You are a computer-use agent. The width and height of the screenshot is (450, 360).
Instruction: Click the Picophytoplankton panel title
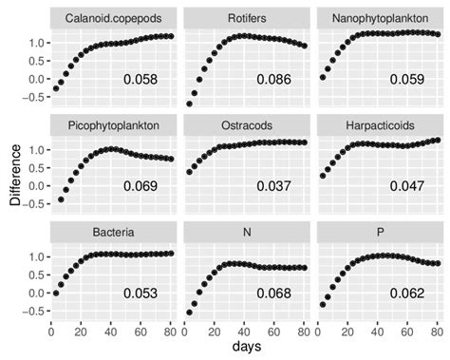[x=114, y=124]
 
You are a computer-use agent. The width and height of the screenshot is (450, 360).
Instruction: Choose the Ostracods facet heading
[x=247, y=124]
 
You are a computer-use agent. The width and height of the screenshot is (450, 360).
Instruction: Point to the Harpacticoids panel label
[x=380, y=124]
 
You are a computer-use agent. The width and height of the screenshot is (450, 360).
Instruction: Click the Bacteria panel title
[x=114, y=231]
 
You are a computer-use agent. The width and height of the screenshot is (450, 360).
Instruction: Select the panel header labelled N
[x=247, y=231]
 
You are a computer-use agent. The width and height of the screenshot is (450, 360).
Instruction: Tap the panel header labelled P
[x=380, y=231]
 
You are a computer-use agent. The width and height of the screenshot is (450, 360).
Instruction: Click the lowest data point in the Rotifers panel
[x=189, y=104]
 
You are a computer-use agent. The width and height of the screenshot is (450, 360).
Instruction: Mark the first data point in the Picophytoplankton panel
[x=62, y=199]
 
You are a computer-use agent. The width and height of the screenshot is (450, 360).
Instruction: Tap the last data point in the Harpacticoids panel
[x=437, y=141]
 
